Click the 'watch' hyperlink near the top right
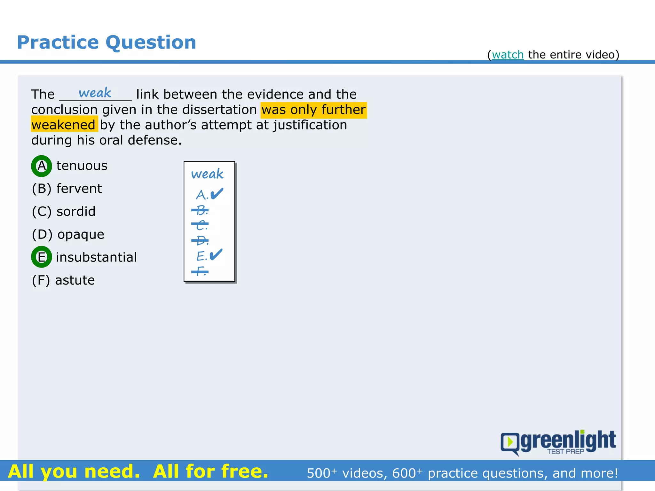point(508,55)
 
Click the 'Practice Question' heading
point(107,42)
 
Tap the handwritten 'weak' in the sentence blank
point(95,93)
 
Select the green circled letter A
point(42,166)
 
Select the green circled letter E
point(42,257)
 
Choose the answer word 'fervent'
point(79,189)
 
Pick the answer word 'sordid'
point(76,212)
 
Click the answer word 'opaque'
point(81,235)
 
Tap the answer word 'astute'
point(75,280)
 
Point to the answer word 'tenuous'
point(82,166)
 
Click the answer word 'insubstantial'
point(96,257)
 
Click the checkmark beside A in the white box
point(217,193)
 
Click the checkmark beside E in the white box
point(216,254)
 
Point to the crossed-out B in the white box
point(201,210)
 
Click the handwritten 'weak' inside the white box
point(207,174)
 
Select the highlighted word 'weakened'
point(64,125)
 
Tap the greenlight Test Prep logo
point(558,442)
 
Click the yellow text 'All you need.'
point(74,472)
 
